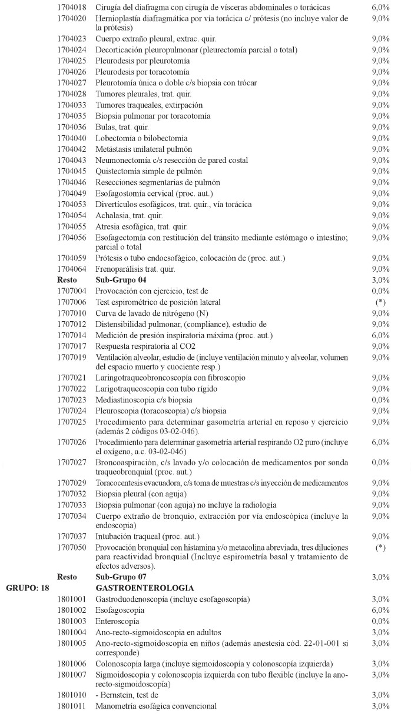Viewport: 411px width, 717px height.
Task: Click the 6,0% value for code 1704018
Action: coord(380,8)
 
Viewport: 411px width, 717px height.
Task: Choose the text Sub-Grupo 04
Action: coord(121,279)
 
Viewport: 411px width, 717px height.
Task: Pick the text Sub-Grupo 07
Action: coord(121,578)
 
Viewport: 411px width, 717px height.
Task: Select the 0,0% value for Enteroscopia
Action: coord(380,621)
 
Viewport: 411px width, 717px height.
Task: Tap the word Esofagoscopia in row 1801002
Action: coord(120,611)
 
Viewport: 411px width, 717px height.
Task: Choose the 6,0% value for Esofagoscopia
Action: coord(380,611)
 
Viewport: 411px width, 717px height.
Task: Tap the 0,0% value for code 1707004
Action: coord(380,291)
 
